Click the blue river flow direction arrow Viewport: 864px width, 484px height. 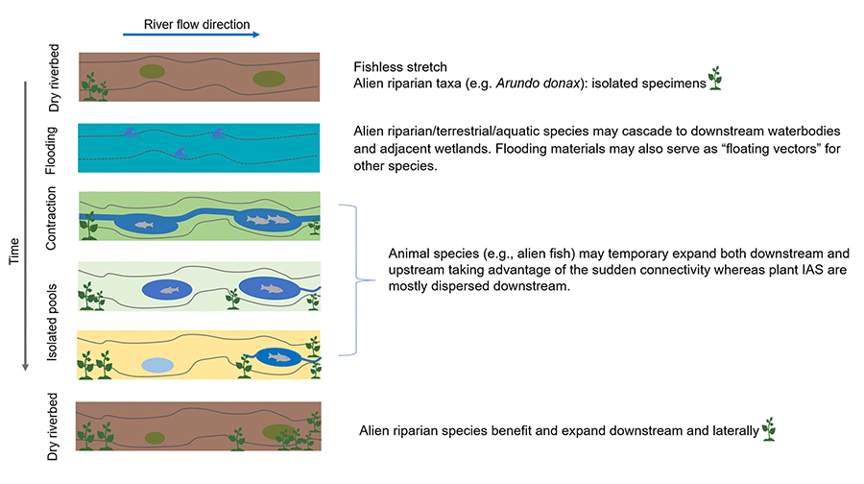(x=191, y=35)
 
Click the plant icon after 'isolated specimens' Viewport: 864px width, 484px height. (x=714, y=79)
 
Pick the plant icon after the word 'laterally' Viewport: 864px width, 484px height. (x=768, y=428)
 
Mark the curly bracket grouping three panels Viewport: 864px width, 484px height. (x=362, y=279)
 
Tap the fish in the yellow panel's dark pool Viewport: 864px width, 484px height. (x=279, y=358)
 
